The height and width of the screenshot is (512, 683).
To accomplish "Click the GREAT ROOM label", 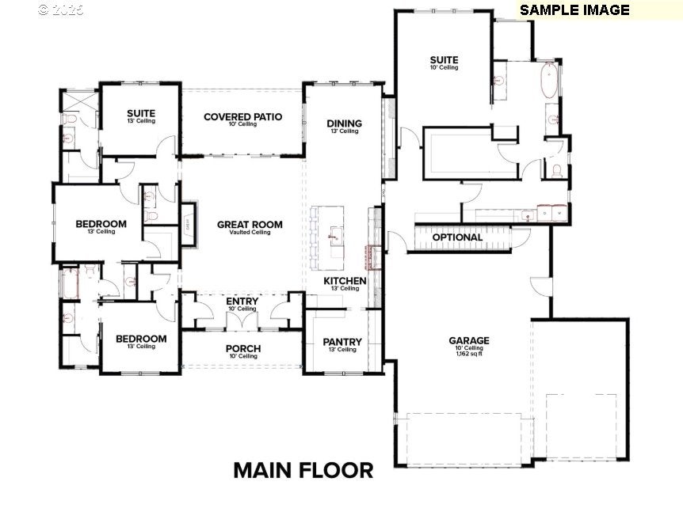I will pos(250,225).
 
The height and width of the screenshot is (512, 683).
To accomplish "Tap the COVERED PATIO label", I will pos(242,117).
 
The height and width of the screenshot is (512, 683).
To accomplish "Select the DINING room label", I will pos(344,123).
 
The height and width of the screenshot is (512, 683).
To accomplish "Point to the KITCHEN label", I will pos(345,281).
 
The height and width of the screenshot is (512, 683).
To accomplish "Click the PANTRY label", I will pos(342,342).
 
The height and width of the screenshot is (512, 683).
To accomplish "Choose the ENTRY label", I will pos(242,302).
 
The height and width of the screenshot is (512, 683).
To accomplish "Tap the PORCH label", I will pos(242,348).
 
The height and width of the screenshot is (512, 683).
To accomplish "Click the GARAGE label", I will pos(469,340).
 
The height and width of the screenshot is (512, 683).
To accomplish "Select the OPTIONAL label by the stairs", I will pos(457,237).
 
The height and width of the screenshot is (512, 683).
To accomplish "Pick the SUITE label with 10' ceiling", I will pos(444,60).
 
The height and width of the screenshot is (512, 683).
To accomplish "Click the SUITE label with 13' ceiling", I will pos(140,114).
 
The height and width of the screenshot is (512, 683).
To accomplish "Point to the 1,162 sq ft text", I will pos(469,354).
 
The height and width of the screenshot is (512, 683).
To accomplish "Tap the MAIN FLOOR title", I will pos(303,470).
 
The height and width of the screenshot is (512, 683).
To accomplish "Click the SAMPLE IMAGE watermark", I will pos(574,10).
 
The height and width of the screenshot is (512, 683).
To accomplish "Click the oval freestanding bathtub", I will pos(548,82).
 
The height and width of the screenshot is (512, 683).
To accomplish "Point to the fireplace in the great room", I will pos(188,225).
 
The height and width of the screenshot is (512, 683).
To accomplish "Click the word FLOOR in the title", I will pos(336,470).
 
